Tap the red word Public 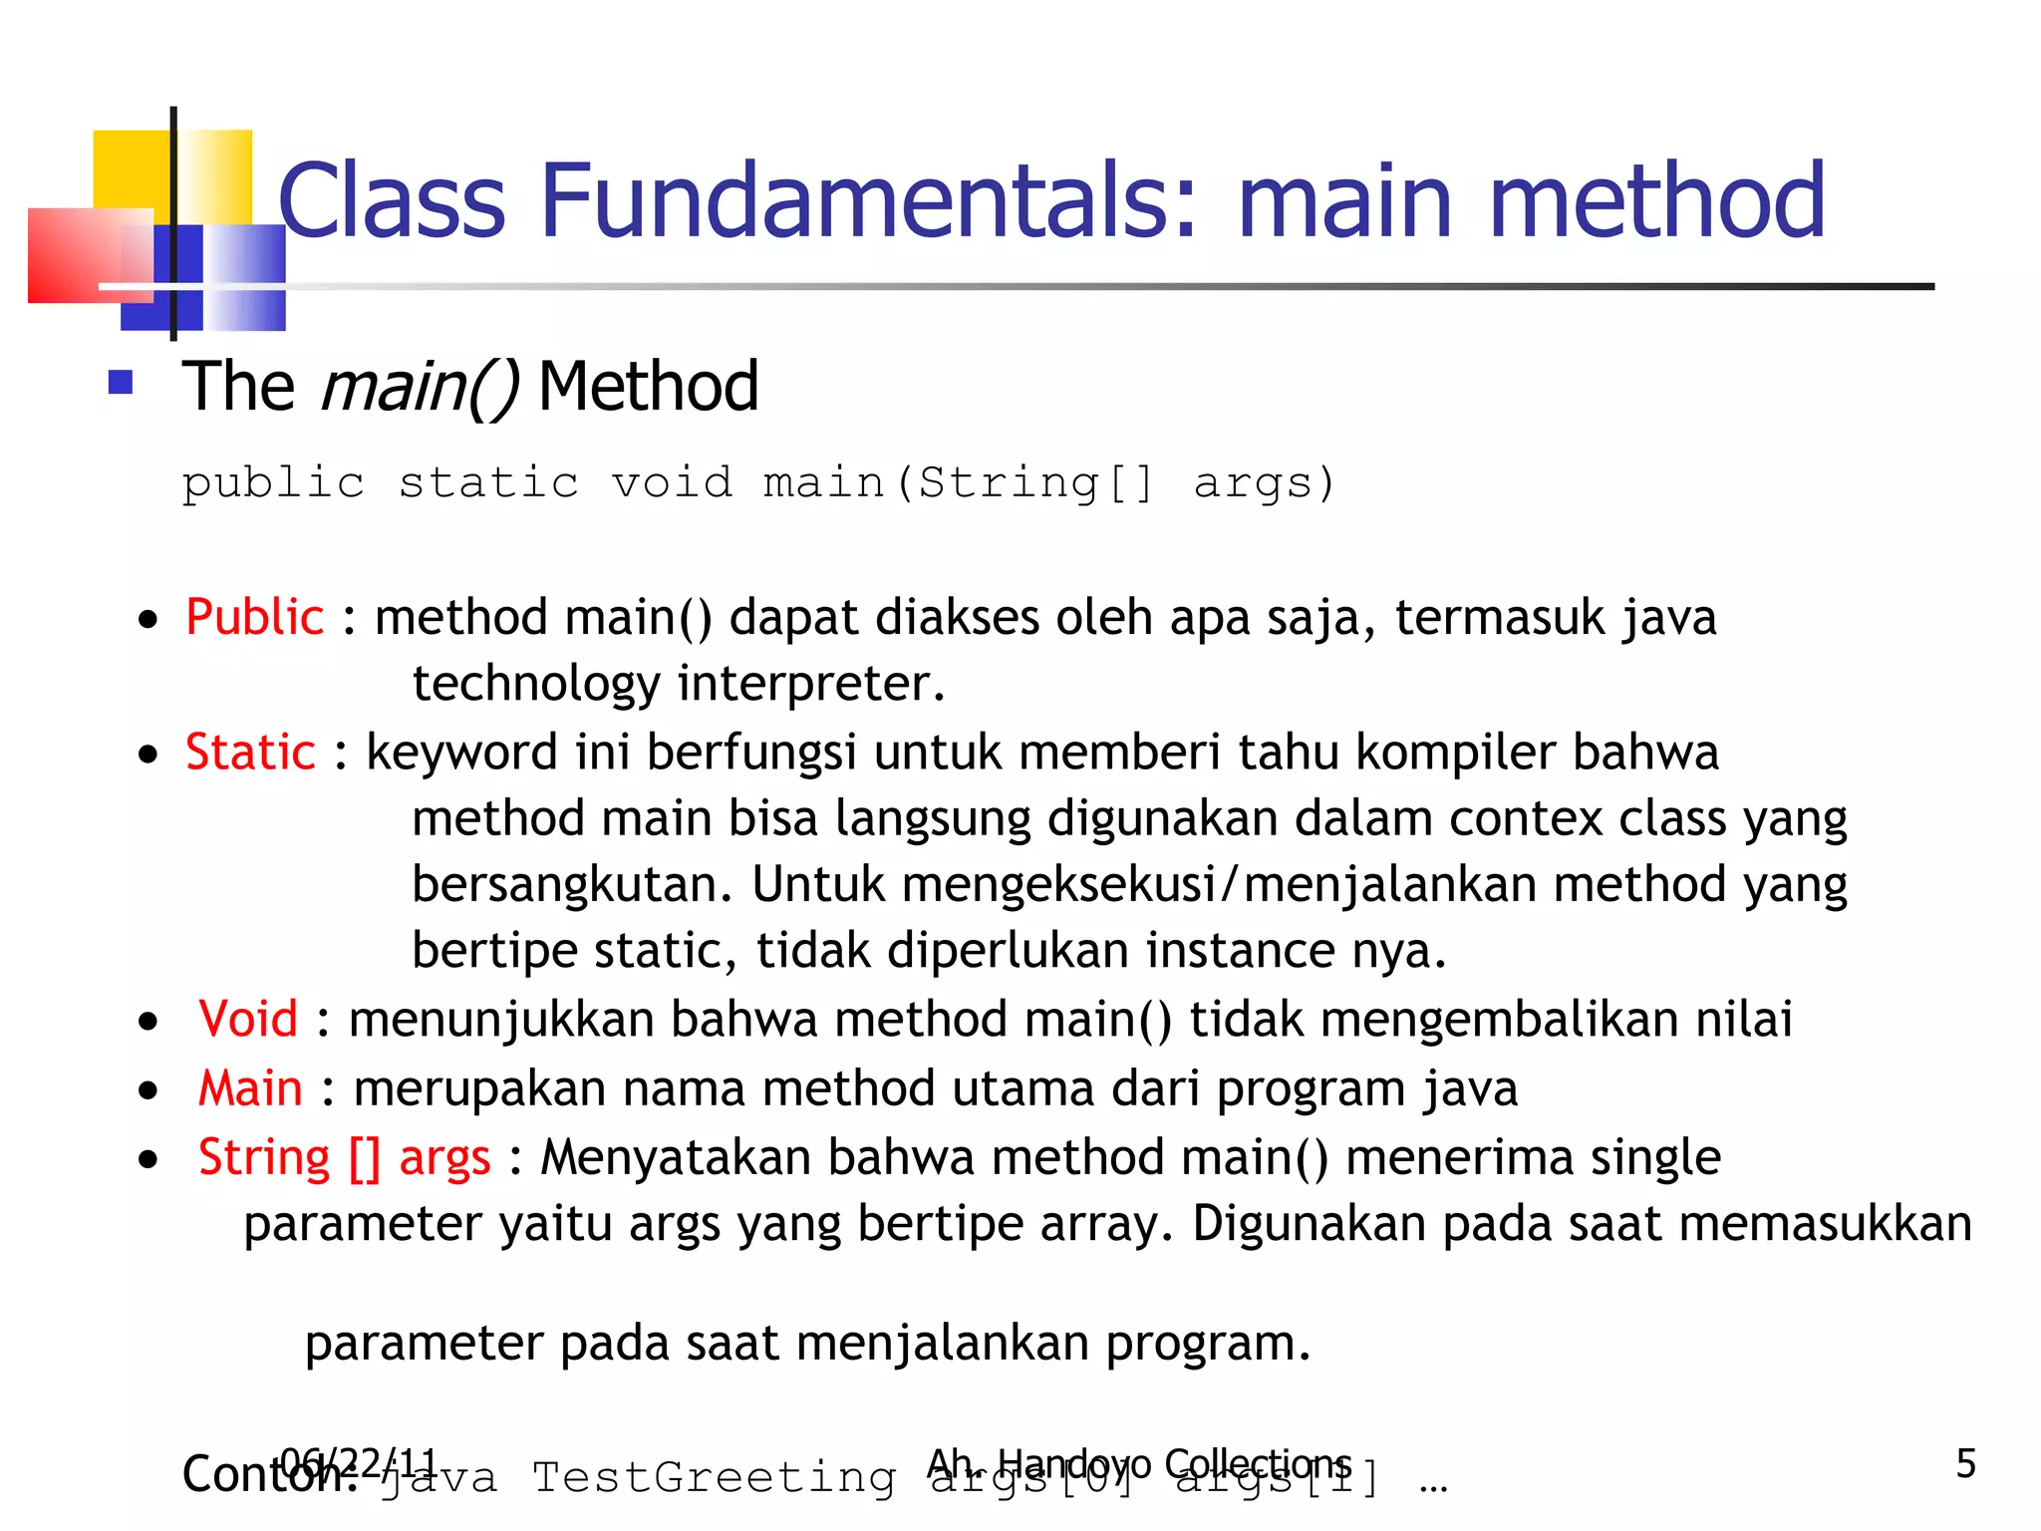click(254, 617)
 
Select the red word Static click(250, 752)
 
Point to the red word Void click(248, 1019)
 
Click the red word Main click(250, 1087)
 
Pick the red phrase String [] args click(344, 1158)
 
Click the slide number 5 click(1965, 1463)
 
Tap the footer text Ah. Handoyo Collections click(1138, 1463)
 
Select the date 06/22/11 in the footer click(359, 1463)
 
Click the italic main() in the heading click(420, 387)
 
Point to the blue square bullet click(121, 383)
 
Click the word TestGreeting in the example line click(714, 1477)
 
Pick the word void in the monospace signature click(672, 483)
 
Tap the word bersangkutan click(572, 884)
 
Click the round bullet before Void click(148, 1022)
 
